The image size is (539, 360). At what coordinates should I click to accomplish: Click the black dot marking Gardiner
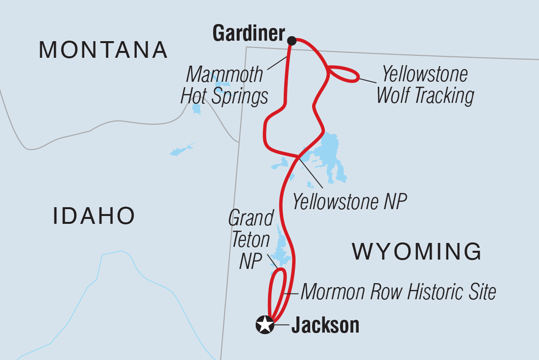coord(292,40)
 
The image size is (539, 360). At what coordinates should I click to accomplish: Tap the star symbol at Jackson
coord(265,325)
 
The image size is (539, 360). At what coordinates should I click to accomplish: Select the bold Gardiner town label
coord(249,33)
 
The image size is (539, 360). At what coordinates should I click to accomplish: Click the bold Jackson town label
coord(325,326)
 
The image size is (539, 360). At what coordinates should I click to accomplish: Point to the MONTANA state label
coord(103,49)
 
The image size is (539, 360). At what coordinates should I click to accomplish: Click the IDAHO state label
coord(94,216)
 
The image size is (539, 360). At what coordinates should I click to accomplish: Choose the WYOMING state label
coord(417,252)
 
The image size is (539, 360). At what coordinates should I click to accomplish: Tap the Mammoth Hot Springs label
coord(224,86)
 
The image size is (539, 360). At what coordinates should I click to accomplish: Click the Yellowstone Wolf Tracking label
coord(424,85)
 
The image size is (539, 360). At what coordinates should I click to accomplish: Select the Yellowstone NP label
coord(350,201)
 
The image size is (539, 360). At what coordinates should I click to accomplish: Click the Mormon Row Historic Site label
coord(398,292)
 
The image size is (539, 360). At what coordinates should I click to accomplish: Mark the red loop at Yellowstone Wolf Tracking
coord(344,73)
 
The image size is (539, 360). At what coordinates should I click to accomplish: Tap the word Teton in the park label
coord(251,240)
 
